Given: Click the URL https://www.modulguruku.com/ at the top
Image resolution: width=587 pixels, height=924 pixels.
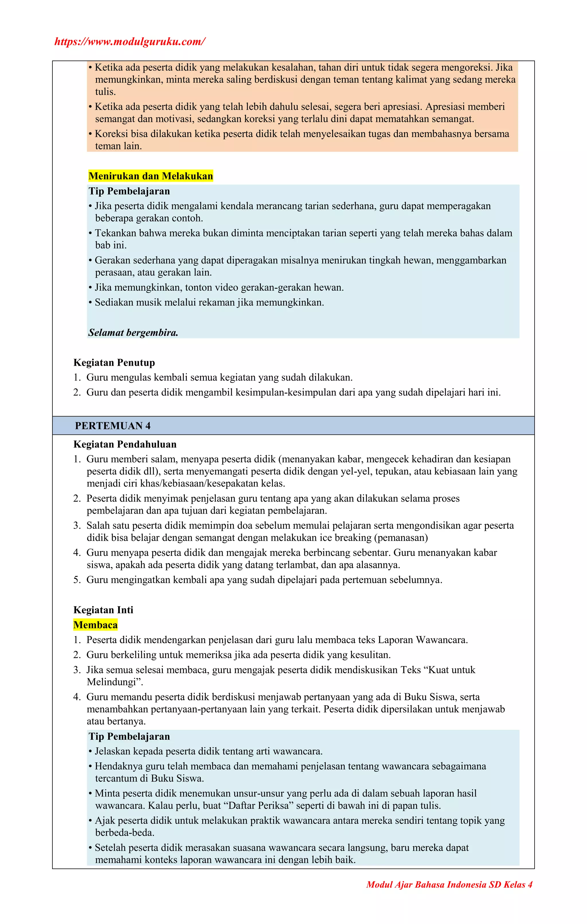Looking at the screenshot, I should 130,42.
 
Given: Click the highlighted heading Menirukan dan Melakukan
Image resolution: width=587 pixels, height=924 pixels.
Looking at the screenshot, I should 150,176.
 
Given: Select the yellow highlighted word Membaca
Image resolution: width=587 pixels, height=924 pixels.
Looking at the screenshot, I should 95,625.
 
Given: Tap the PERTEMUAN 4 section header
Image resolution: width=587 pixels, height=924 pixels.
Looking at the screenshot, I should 113,426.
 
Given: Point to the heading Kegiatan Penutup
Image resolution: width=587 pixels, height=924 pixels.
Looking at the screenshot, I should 114,363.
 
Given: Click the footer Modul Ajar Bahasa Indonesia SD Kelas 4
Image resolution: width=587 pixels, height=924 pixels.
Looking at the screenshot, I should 449,884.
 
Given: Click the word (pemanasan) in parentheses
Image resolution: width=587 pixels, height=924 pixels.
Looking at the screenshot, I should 400,538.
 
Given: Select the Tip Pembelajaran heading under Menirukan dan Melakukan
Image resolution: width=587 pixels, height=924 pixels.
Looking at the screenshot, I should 129,191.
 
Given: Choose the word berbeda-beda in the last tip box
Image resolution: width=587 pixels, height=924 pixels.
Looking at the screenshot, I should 124,833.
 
